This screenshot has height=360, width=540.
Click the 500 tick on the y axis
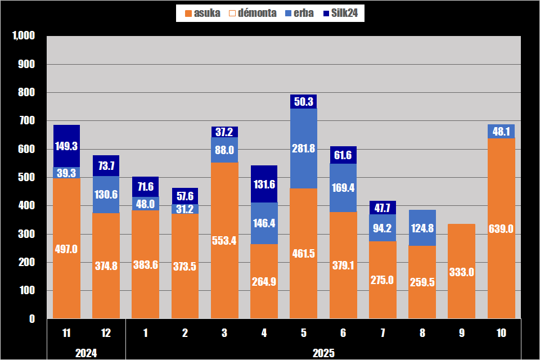27,178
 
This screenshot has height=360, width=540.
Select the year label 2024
86,353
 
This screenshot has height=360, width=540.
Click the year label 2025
323,353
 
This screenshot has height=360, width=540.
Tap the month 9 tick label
461,333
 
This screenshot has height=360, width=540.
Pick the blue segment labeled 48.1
501,131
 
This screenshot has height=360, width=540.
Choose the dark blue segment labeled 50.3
304,101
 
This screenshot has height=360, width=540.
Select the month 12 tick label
106,333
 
